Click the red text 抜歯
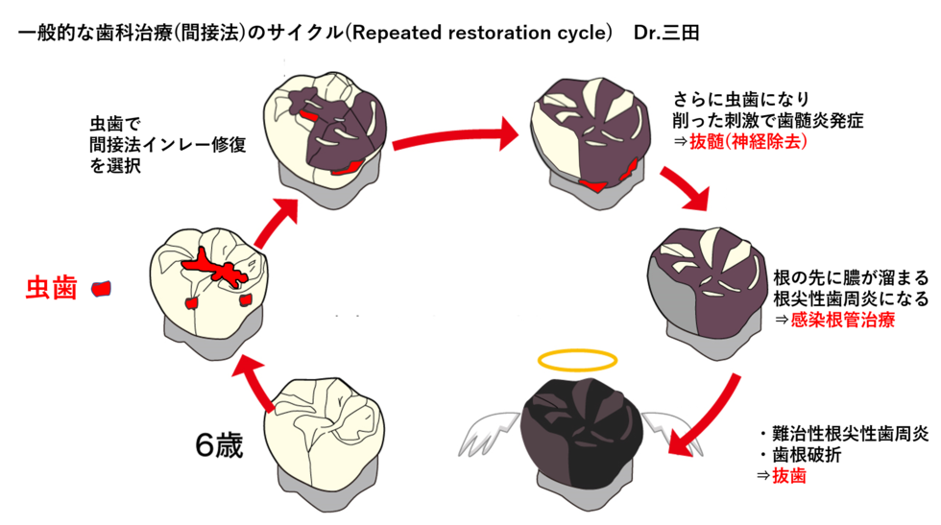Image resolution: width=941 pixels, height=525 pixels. click(x=788, y=476)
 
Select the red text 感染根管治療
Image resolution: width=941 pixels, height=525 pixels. click(x=843, y=320)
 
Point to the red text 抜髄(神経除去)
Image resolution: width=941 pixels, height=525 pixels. click(x=748, y=142)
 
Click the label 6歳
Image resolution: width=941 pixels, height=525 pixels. click(x=219, y=445)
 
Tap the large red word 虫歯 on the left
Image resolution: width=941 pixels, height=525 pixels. click(x=52, y=289)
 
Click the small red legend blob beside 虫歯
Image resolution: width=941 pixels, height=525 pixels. click(x=101, y=289)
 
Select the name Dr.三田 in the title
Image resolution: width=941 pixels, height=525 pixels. click(x=666, y=33)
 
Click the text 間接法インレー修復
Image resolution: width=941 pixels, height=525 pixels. click(x=167, y=145)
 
